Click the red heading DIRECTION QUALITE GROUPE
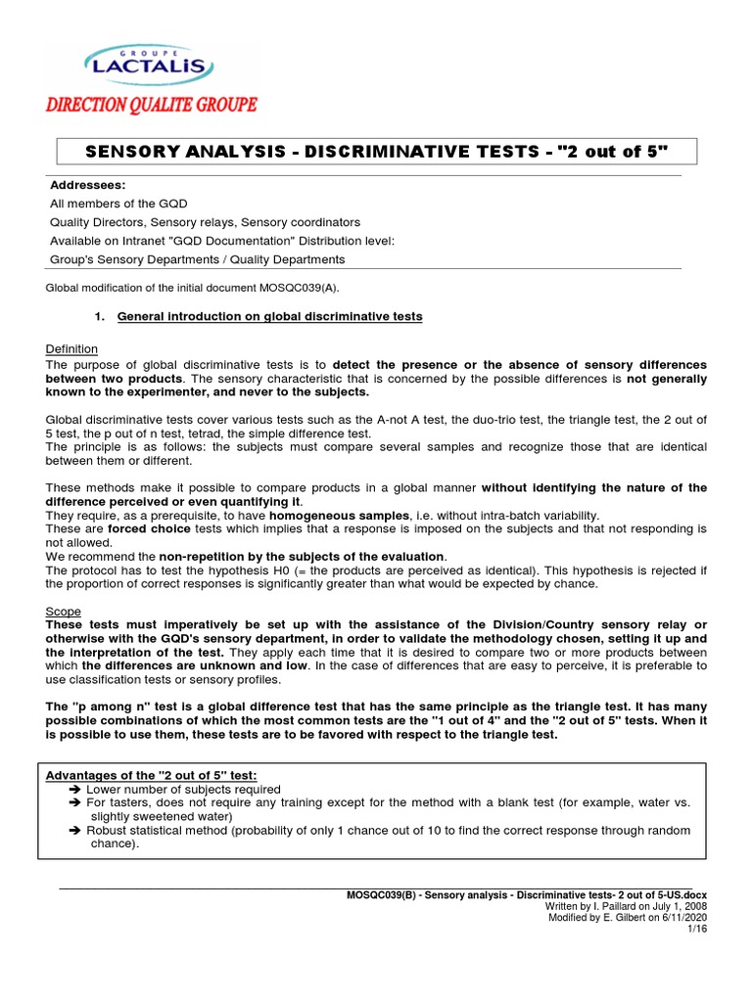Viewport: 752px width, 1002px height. pyautogui.click(x=151, y=105)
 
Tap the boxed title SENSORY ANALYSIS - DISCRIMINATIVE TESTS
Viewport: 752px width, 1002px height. pyautogui.click(x=377, y=152)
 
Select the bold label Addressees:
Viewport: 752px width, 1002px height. pyautogui.click(x=87, y=185)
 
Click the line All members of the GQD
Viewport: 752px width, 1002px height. pyautogui.click(x=117, y=203)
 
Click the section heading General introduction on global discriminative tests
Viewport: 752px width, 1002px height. pyautogui.click(x=270, y=317)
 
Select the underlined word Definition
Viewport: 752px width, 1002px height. pyautogui.click(x=71, y=349)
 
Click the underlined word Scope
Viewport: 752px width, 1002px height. pyautogui.click(x=64, y=611)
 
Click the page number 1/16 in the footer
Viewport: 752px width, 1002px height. pyautogui.click(x=697, y=929)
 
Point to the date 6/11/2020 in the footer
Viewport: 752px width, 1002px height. pyautogui.click(x=682, y=918)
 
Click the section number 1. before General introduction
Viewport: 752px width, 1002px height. pyautogui.click(x=99, y=317)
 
